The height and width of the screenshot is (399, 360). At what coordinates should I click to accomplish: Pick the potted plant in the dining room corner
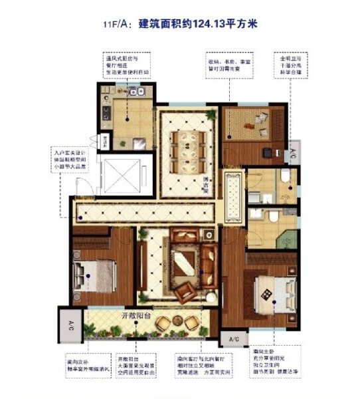pos(211,115)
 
